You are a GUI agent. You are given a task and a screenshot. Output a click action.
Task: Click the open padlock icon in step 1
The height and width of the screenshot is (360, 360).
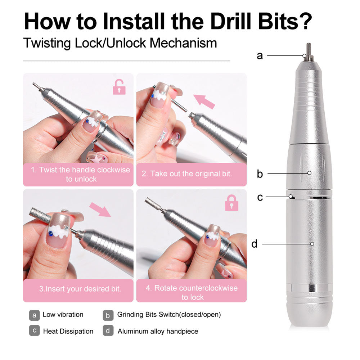pyautogui.click(x=119, y=87)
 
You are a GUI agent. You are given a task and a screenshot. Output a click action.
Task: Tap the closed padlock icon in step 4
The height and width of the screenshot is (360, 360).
pyautogui.click(x=231, y=203)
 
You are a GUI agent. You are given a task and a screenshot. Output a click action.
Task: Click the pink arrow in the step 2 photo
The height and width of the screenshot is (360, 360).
pyautogui.click(x=204, y=101)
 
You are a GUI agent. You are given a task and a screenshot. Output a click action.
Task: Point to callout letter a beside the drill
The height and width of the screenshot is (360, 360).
pyautogui.click(x=260, y=56)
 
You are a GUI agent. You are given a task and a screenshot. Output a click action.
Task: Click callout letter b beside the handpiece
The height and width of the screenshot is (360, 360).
pyautogui.click(x=260, y=174)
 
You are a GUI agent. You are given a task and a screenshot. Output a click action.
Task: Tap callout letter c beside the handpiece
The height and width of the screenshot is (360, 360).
pyautogui.click(x=260, y=197)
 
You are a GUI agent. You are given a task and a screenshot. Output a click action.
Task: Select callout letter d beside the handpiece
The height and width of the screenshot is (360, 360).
pyautogui.click(x=255, y=244)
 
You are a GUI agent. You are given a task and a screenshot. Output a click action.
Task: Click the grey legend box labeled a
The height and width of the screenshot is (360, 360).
pyautogui.click(x=34, y=315)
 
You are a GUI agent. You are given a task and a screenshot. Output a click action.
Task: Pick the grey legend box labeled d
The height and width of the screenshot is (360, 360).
pyautogui.click(x=108, y=331)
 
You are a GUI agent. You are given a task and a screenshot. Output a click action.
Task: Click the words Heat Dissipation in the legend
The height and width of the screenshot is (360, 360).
pyautogui.click(x=68, y=331)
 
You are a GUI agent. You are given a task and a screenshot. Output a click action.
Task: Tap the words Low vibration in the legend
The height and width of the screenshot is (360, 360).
pyautogui.click(x=63, y=315)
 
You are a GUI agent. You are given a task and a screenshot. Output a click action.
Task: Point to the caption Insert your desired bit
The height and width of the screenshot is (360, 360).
pyautogui.click(x=80, y=289)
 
